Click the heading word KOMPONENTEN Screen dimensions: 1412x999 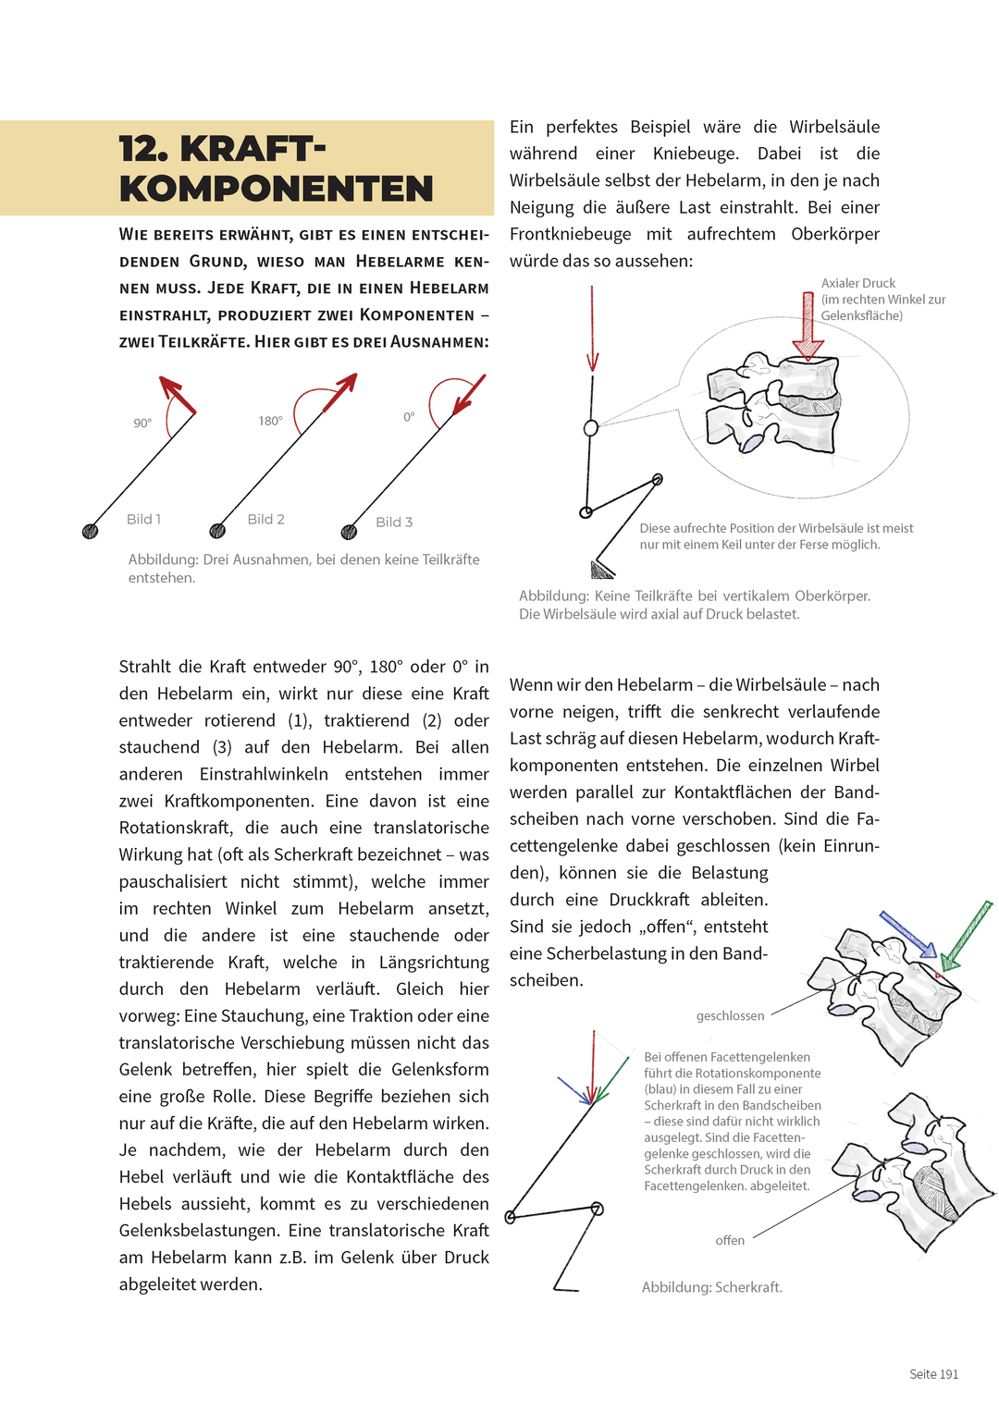point(276,189)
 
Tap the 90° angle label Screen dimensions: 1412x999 point(142,423)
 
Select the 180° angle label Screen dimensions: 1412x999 point(270,421)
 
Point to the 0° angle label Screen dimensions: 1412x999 point(409,417)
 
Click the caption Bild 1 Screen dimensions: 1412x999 point(143,519)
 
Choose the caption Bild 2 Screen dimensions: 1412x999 point(265,519)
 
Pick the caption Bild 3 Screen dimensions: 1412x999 point(394,522)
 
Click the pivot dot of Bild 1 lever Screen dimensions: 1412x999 point(91,531)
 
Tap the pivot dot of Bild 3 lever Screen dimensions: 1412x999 point(349,532)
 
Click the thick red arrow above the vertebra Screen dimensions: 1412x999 point(808,325)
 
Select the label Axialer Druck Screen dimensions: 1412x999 point(857,283)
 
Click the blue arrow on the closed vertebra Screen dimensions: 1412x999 point(907,934)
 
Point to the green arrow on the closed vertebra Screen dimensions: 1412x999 point(968,935)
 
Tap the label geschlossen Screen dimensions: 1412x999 point(730,1015)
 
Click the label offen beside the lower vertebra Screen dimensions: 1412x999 point(730,1240)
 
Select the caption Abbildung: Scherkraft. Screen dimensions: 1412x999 point(711,1286)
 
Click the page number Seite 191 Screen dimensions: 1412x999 point(933,1374)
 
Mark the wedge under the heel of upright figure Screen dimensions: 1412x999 point(601,570)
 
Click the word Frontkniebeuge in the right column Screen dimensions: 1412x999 point(570,234)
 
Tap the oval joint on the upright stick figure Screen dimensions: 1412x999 point(591,428)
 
